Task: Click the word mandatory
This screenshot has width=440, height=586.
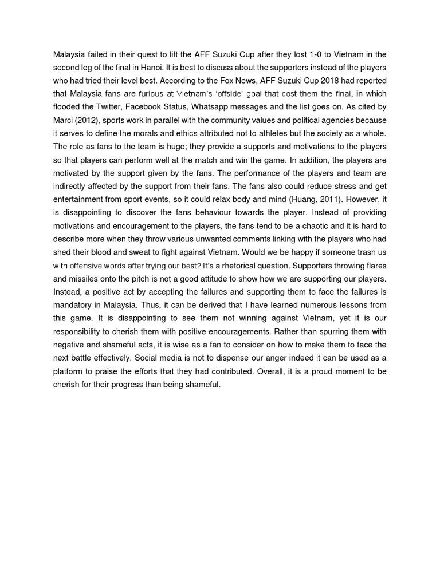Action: [74, 305]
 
